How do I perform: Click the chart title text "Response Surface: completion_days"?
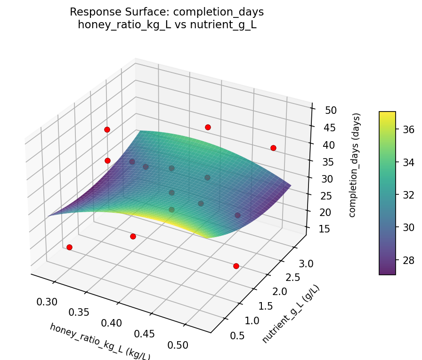click(167, 12)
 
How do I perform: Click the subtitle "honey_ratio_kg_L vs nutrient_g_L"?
click(167, 25)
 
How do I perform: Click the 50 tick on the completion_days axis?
click(331, 111)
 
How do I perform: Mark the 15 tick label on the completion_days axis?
click(331, 229)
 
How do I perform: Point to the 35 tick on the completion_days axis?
click(331, 162)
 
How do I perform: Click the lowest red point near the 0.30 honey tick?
click(69, 247)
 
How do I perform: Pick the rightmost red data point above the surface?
click(273, 148)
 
